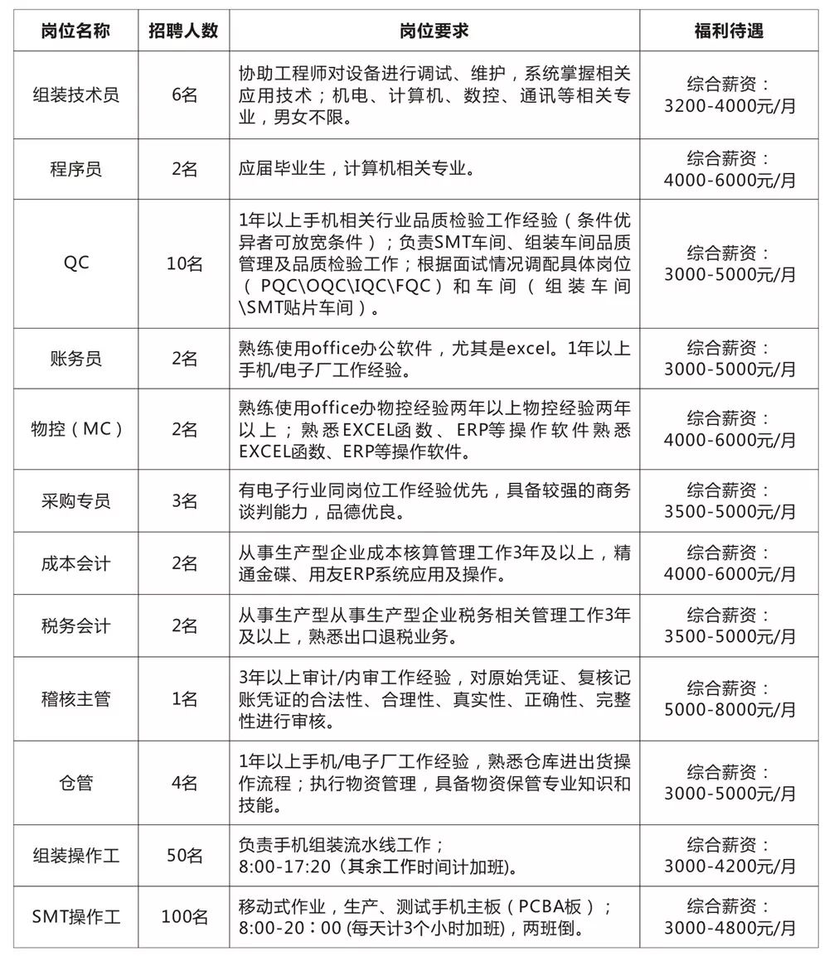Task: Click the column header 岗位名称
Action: tap(75, 31)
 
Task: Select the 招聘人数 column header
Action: tap(183, 31)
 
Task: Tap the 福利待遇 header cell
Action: tap(729, 31)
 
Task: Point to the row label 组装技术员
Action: tap(75, 94)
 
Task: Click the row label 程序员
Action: tap(75, 169)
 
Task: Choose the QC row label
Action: tap(75, 264)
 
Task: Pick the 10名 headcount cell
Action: tap(183, 264)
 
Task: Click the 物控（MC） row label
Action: tap(75, 429)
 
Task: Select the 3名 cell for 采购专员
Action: tap(183, 501)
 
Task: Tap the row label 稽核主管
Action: tap(75, 699)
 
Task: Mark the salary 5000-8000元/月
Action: tap(729, 710)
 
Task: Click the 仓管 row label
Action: tap(75, 783)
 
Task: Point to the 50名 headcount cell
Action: tap(183, 856)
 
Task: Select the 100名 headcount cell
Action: tap(183, 917)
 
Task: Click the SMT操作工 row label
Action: tap(75, 917)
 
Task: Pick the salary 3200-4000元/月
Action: tap(729, 106)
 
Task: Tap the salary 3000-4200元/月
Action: tap(729, 867)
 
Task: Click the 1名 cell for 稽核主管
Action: tap(183, 699)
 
